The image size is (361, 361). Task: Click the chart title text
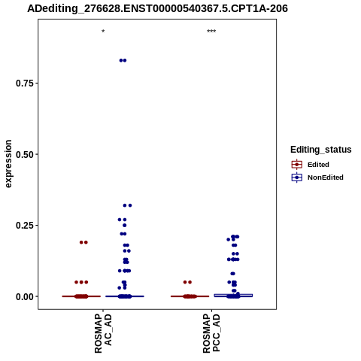pos(157,9)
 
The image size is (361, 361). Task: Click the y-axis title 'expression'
pos(8,164)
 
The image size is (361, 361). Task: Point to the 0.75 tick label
pos(25,83)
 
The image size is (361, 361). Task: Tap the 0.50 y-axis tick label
pos(25,154)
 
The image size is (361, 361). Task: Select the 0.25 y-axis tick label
pos(25,226)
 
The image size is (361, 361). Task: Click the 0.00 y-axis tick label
pos(25,296)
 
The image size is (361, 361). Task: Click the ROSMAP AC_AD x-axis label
pos(103,333)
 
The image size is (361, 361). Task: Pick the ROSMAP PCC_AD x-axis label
pos(211,333)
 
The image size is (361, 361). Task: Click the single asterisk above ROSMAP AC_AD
pos(103,32)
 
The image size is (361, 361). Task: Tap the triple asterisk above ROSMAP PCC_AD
pos(211,32)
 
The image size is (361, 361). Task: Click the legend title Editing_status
pos(321,150)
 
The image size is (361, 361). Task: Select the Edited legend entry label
pos(318,165)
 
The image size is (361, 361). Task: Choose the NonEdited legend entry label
pos(326,177)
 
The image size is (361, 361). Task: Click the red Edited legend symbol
pos(297,165)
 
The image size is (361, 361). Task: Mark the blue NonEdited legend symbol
pos(297,177)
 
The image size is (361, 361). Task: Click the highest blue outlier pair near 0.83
pos(123,60)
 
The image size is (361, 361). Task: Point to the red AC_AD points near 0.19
pos(83,242)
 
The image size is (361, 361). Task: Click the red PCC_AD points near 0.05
pos(187,282)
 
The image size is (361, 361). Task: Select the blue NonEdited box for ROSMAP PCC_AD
pos(233,296)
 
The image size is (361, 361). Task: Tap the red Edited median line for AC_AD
pos(81,296)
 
